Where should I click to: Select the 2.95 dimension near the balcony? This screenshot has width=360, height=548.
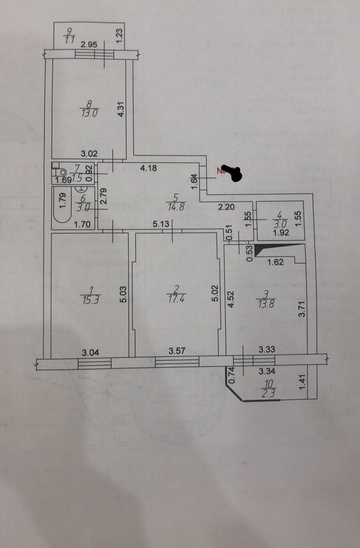tap(89, 45)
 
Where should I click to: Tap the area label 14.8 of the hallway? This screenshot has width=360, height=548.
tap(176, 207)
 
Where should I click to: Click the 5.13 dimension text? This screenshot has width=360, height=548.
tap(161, 224)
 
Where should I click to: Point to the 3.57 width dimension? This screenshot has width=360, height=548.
tap(177, 351)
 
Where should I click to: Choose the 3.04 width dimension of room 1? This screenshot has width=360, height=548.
tap(90, 353)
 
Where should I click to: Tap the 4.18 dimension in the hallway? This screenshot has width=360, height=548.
tap(148, 168)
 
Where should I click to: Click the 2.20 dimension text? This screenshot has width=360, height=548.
tap(226, 207)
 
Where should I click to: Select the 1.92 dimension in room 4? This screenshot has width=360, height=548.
tap(281, 233)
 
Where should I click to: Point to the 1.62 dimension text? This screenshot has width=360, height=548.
tap(275, 263)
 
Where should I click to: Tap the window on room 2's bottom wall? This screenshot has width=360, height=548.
tap(177, 362)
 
